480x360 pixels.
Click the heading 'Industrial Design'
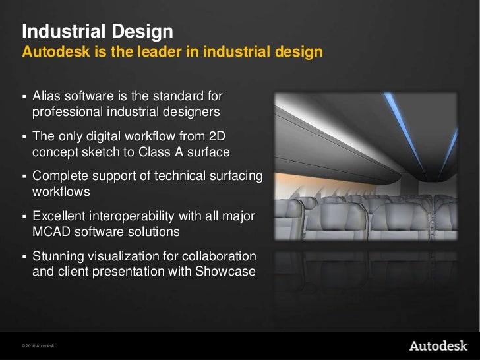pyautogui.click(x=98, y=31)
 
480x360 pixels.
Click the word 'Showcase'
pyautogui.click(x=224, y=271)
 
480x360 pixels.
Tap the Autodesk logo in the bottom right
pyautogui.click(x=438, y=345)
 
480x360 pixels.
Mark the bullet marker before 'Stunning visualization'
pyautogui.click(x=24, y=256)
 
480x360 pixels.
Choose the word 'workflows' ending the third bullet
pyautogui.click(x=61, y=192)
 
